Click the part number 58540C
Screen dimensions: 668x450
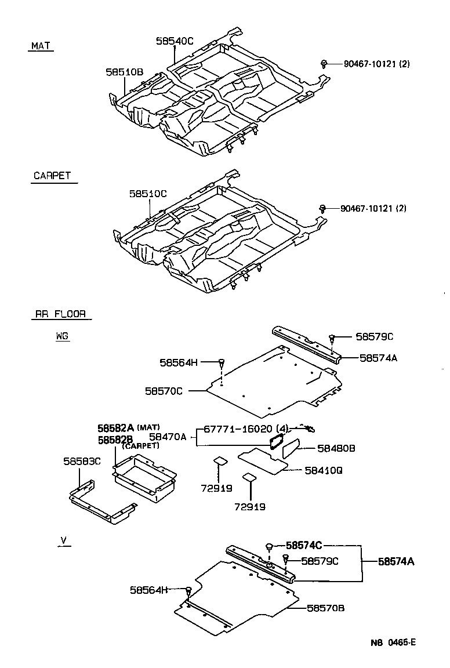(174, 41)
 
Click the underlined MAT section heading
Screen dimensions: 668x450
(41, 46)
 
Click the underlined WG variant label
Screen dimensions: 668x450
(63, 336)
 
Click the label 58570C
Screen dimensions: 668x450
(164, 391)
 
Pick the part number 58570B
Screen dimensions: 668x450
(325, 608)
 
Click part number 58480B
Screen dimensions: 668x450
(336, 448)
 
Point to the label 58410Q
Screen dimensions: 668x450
(323, 471)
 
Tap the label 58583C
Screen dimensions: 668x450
(82, 461)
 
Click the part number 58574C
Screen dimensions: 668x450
(303, 545)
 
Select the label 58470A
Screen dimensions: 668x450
(168, 437)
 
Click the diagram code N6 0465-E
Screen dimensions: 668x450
(394, 642)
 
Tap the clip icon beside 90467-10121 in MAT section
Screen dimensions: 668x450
(325, 63)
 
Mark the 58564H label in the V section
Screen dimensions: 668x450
(148, 590)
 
